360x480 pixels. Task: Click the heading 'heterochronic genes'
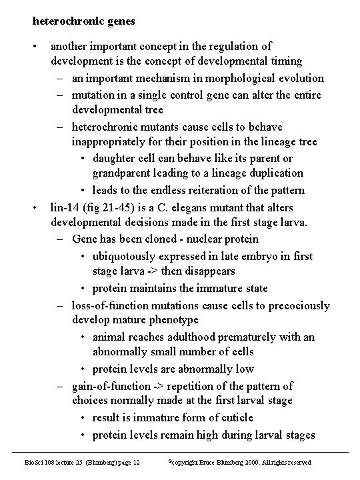83,21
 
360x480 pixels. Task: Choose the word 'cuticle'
235,417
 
